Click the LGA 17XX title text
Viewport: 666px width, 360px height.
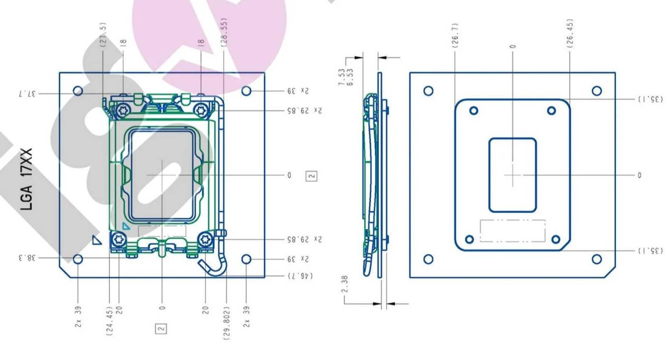click(27, 180)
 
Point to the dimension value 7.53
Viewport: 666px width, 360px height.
click(342, 77)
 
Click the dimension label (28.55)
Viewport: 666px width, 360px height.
click(224, 32)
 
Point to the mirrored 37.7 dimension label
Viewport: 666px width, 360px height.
click(28, 94)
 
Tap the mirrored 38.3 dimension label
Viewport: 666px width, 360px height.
click(28, 258)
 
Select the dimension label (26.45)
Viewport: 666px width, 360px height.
click(570, 33)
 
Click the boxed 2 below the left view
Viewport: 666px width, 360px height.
click(161, 328)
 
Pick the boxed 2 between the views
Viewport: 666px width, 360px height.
click(312, 176)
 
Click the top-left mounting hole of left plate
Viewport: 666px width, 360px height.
click(78, 91)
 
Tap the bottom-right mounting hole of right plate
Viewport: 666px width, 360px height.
click(597, 259)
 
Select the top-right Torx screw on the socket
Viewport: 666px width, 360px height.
click(201, 110)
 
